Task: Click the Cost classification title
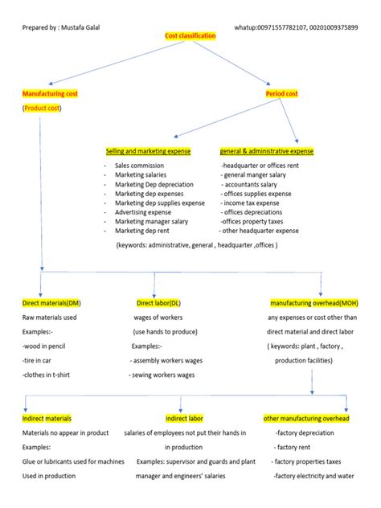pyautogui.click(x=190, y=37)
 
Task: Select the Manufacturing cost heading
pyautogui.click(x=50, y=94)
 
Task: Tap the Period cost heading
pyautogui.click(x=281, y=94)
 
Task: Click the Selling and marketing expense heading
pyautogui.click(x=148, y=151)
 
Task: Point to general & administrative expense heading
pyautogui.click(x=267, y=151)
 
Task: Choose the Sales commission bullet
pyautogui.click(x=139, y=166)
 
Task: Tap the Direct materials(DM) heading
pyautogui.click(x=51, y=303)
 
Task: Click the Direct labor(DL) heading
pyautogui.click(x=158, y=303)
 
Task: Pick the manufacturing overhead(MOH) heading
pyautogui.click(x=313, y=303)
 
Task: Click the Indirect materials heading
pyautogui.click(x=47, y=419)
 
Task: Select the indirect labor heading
pyautogui.click(x=184, y=419)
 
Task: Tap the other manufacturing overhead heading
pyautogui.click(x=306, y=419)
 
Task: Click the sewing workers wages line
pyautogui.click(x=163, y=375)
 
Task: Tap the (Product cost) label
pyautogui.click(x=42, y=108)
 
